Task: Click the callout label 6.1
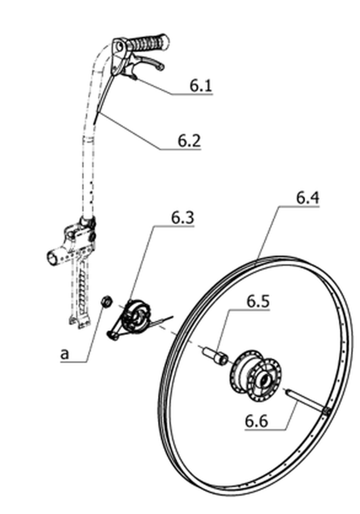click(201, 85)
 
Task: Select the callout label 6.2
click(189, 141)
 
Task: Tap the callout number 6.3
click(182, 218)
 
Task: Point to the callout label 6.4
click(308, 197)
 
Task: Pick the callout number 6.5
click(258, 301)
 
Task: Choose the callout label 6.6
click(257, 421)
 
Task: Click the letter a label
click(65, 354)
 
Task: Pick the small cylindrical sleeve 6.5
click(215, 355)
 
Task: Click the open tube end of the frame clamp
click(51, 258)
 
